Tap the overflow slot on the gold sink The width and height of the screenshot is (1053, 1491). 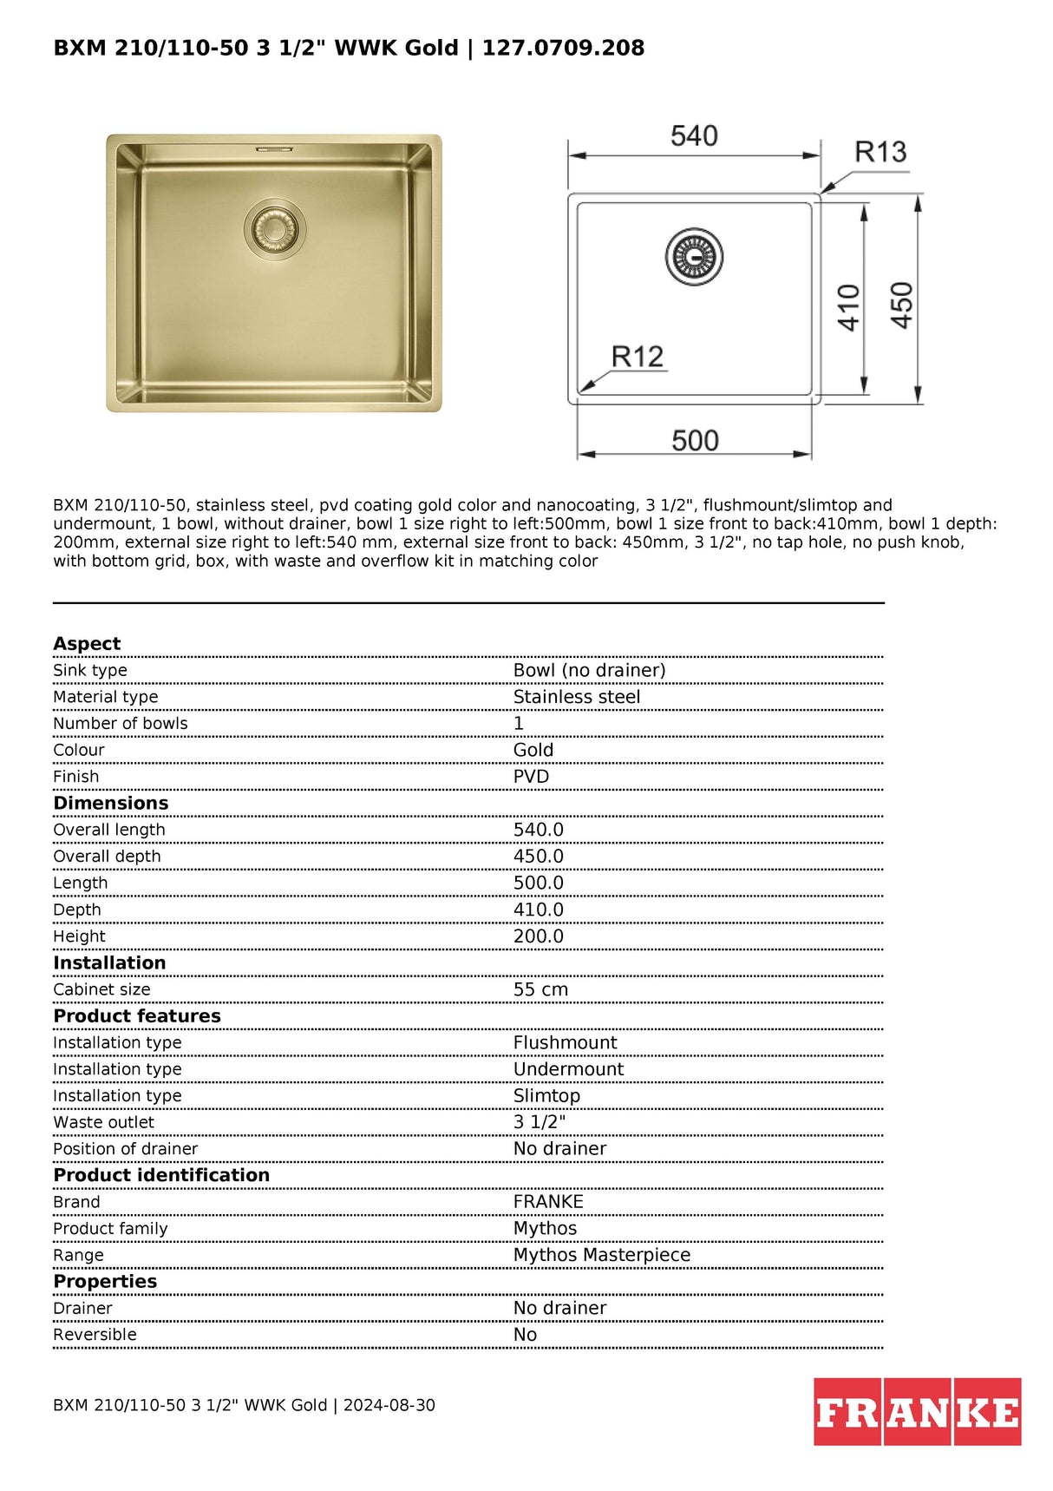pos(274,149)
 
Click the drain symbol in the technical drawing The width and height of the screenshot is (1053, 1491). pos(694,257)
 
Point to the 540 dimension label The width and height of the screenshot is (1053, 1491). pos(694,136)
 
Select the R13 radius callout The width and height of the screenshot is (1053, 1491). pos(880,153)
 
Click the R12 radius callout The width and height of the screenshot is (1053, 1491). pos(637,357)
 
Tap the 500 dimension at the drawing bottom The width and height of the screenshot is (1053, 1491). pos(695,441)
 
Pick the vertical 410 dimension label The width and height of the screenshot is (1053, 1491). pos(849,307)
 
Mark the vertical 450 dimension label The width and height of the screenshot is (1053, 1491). pos(902,305)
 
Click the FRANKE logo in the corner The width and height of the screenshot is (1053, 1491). pos(917,1411)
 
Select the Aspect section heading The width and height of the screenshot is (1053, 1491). pos(87,644)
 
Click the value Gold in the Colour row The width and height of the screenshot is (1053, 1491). pos(533,750)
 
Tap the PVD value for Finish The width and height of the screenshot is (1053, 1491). pos(531,777)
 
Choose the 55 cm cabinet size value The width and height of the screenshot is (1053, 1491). pos(540,989)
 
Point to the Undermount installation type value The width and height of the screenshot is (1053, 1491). pos(568,1069)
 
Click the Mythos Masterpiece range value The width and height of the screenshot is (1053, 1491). pos(602,1255)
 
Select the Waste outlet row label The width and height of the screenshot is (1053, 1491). pos(103,1122)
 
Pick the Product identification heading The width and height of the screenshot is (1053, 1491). pos(161,1175)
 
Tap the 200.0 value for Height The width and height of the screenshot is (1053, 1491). pos(538,936)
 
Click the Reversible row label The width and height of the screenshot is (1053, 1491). pos(95,1335)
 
